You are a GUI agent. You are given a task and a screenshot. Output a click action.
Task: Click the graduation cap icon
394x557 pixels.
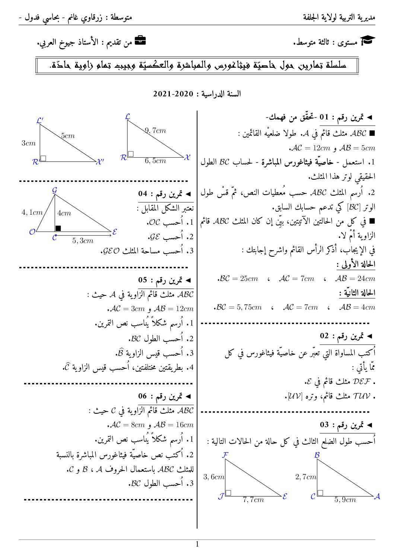click(369, 41)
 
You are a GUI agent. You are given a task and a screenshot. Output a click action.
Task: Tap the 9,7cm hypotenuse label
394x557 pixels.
click(156, 131)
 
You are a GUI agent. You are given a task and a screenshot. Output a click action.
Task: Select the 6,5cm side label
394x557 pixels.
click(155, 161)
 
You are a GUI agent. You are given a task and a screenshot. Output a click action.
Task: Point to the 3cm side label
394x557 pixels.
click(28, 143)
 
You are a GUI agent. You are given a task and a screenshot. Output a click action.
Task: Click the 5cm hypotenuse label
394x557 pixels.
click(68, 136)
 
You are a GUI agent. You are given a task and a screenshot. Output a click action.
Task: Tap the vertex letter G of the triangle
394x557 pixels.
click(54, 190)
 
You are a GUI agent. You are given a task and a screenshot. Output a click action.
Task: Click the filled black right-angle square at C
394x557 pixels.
click(58, 228)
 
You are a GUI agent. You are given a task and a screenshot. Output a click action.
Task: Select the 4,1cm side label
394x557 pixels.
click(32, 212)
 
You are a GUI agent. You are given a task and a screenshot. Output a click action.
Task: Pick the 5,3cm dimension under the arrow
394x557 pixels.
click(83, 241)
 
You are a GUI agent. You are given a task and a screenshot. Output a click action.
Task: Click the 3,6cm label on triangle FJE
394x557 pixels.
click(214, 477)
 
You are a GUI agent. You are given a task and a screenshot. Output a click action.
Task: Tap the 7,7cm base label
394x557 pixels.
click(253, 500)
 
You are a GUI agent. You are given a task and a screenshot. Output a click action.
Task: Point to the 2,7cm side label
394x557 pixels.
click(306, 477)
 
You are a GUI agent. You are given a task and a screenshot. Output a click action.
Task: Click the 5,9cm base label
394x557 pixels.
click(345, 500)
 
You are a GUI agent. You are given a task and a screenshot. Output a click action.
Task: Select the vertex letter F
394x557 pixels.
click(225, 455)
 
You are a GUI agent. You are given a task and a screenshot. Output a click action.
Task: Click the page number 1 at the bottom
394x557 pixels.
click(197, 544)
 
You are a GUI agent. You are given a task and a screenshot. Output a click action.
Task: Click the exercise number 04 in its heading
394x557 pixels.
click(143, 193)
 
